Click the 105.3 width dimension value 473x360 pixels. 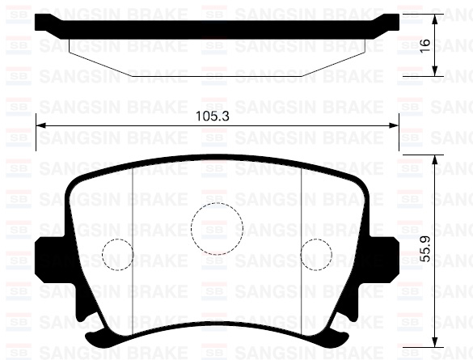tap(213, 116)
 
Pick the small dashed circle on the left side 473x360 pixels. tap(117, 255)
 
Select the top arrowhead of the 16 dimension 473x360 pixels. tap(437, 17)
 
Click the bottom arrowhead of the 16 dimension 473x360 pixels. tap(437, 70)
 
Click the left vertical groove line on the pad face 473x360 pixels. tap(132, 243)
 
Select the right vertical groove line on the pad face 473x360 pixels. tap(302, 243)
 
